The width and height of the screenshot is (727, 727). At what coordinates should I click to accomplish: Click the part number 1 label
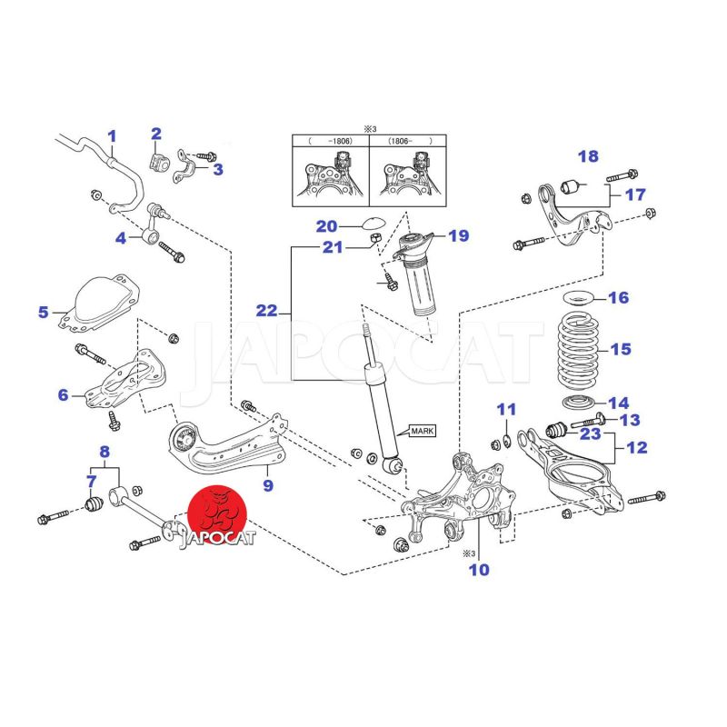click(112, 137)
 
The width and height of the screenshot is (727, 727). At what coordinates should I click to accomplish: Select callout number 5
click(44, 313)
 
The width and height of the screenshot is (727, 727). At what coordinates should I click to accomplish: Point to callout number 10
click(479, 570)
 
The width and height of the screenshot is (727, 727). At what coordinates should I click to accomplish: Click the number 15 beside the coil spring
click(621, 349)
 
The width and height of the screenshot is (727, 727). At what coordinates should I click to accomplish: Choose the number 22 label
click(265, 311)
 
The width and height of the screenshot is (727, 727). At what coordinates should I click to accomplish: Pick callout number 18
click(588, 156)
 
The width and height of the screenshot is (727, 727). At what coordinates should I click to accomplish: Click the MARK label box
click(423, 431)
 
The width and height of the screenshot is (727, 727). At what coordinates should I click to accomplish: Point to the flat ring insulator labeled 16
click(574, 298)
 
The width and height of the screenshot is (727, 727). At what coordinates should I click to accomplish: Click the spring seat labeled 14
click(573, 403)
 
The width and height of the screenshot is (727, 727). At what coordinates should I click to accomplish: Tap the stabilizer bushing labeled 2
click(157, 162)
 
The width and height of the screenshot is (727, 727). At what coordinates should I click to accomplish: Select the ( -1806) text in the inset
click(330, 142)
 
